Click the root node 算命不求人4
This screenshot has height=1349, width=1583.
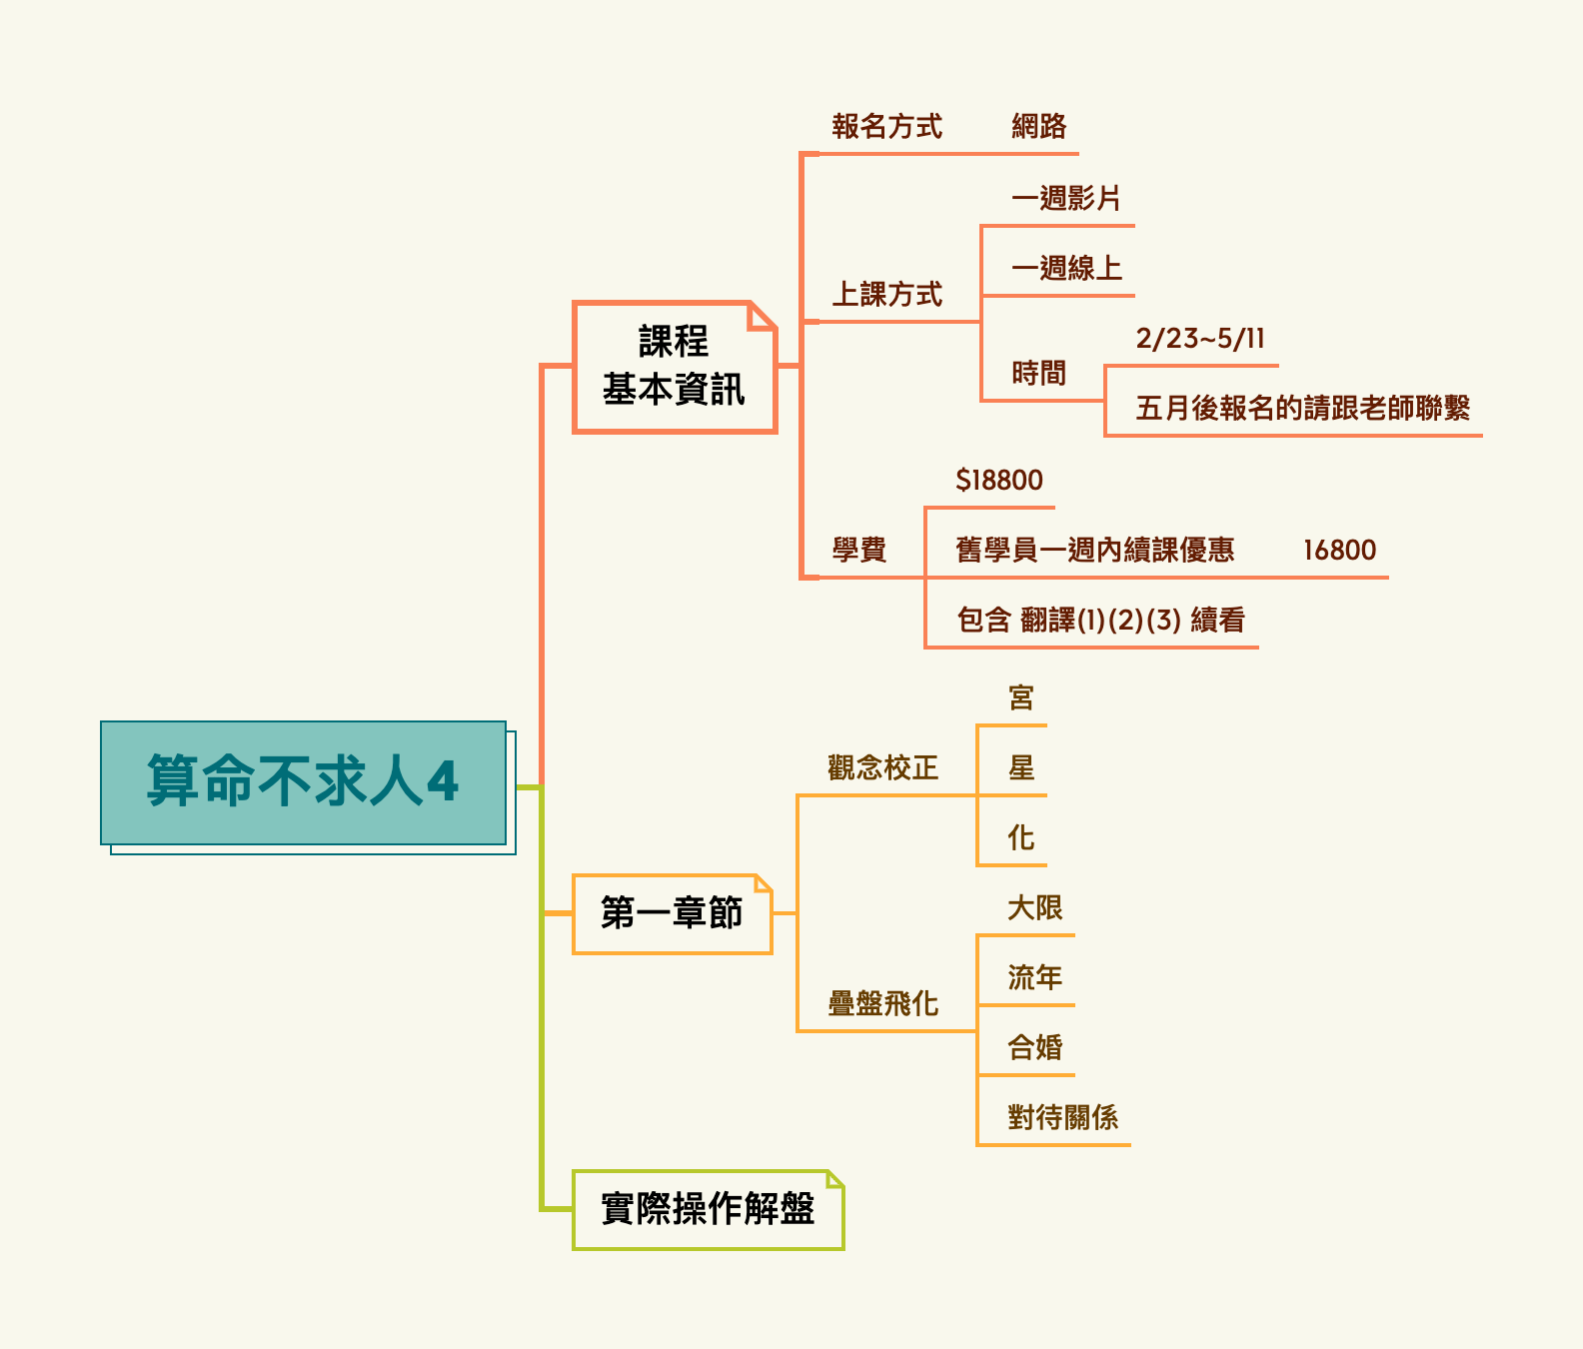[303, 782]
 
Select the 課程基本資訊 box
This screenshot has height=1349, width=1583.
[674, 367]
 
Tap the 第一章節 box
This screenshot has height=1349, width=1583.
[672, 913]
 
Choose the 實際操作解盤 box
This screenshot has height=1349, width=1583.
[708, 1209]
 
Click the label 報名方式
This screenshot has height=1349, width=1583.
[886, 127]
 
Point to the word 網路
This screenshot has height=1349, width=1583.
[1038, 127]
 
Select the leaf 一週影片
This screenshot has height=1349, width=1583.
[1065, 198]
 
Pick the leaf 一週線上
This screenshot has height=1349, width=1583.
[1065, 268]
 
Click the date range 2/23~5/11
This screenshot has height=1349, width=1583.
[1200, 339]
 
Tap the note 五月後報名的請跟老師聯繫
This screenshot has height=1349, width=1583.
[1302, 408]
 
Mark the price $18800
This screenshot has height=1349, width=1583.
[998, 481]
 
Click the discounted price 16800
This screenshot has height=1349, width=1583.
[1339, 551]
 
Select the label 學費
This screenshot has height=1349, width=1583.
[858, 550]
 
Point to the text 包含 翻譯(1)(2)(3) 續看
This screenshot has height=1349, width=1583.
[1100, 621]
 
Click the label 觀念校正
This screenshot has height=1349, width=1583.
[882, 767]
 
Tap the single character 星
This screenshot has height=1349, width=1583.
[1020, 767]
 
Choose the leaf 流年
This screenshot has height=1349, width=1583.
[1034, 977]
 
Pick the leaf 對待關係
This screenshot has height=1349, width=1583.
[1062, 1117]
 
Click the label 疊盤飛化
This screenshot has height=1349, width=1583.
[882, 1003]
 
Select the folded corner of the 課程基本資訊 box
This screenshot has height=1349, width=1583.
[762, 316]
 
